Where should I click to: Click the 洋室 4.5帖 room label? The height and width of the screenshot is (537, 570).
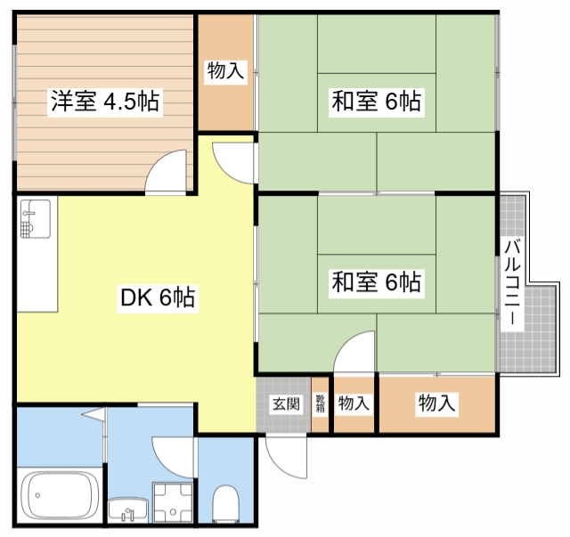coord(105,101)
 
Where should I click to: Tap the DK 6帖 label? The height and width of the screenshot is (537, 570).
coord(158,297)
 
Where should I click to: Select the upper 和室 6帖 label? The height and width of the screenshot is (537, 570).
coord(376,101)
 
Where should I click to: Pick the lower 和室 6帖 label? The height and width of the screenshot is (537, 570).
coord(376,281)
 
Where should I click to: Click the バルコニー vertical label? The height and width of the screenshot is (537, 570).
coord(512,281)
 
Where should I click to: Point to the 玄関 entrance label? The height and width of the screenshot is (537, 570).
coord(287,403)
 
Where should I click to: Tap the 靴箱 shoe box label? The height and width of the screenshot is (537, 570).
coord(320,403)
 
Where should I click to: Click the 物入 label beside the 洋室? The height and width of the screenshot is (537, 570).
coord(225,70)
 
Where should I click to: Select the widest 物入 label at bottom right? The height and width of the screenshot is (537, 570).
coord(436,403)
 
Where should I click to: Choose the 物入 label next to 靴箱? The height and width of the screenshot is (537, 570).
coord(354,403)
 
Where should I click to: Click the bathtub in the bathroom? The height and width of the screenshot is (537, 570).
coord(60,495)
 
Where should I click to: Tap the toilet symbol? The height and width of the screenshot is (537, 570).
coord(225,503)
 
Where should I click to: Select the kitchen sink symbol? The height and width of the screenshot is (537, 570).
coord(36,219)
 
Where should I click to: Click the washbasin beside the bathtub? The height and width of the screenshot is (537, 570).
coord(128,509)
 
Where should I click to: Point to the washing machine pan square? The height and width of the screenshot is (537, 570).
coord(173,503)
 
